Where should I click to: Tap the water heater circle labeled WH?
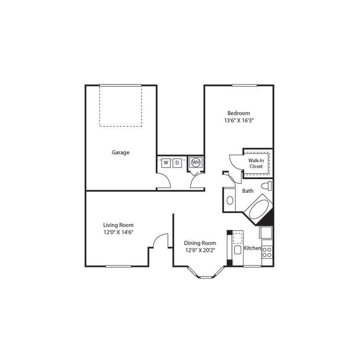196,162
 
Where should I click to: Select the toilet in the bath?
267,186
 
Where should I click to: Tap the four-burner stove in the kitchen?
267,251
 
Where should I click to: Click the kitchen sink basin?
237,250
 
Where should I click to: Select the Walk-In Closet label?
256,163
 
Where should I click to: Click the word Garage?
120,152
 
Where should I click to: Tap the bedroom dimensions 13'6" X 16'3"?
238,120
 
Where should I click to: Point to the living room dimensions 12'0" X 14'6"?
118,232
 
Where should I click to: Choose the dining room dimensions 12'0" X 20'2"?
200,250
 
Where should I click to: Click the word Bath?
248,191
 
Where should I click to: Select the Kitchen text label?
252,248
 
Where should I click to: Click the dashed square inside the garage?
120,106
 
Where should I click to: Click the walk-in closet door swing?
235,161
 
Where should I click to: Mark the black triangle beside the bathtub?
268,218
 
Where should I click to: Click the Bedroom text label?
238,113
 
